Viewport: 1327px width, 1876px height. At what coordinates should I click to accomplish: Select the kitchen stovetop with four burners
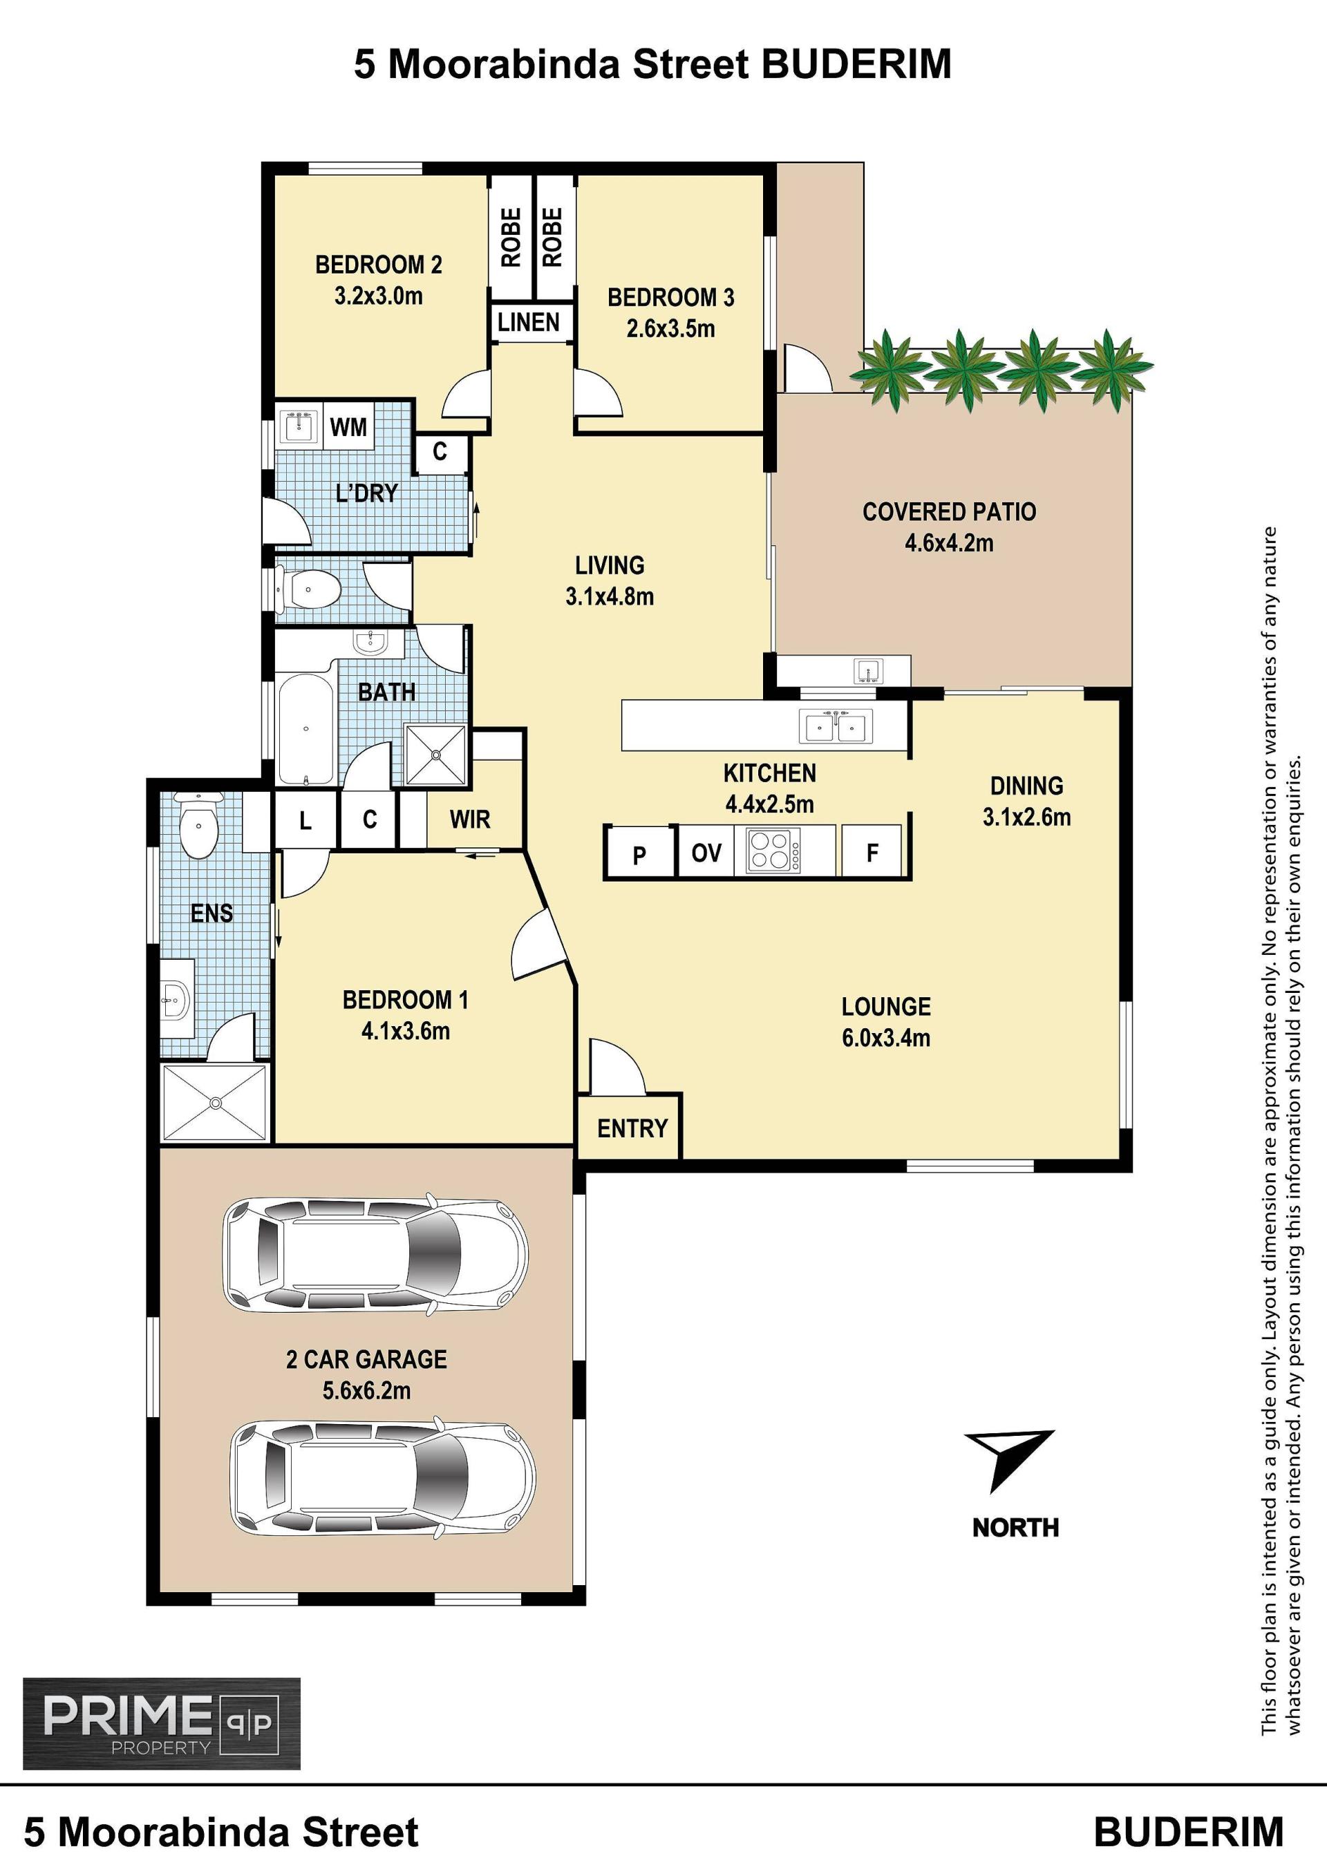pos(773,851)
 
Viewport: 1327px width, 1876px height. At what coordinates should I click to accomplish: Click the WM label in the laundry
pos(348,426)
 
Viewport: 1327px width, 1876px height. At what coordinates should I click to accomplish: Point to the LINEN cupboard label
pos(529,322)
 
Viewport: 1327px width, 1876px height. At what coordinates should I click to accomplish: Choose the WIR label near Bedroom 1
pos(470,819)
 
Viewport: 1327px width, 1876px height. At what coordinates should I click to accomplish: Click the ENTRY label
pos(632,1128)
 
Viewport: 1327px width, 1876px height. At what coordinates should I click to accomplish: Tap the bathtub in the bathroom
pos(305,729)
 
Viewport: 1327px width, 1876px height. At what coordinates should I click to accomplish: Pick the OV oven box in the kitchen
pos(706,852)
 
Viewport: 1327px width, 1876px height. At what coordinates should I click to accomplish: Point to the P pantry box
pos(640,853)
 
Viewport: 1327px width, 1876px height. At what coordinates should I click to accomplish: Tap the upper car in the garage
pos(376,1255)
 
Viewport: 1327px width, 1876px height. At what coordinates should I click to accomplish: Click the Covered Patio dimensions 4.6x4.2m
pos(949,542)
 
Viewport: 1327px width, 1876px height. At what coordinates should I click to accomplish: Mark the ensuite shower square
pos(216,1102)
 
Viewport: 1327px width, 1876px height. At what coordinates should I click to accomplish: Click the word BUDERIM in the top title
pos(857,64)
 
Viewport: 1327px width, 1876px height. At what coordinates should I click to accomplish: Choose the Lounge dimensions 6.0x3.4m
pos(887,1038)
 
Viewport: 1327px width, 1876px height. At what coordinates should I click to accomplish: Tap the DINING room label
pos(1026,786)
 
